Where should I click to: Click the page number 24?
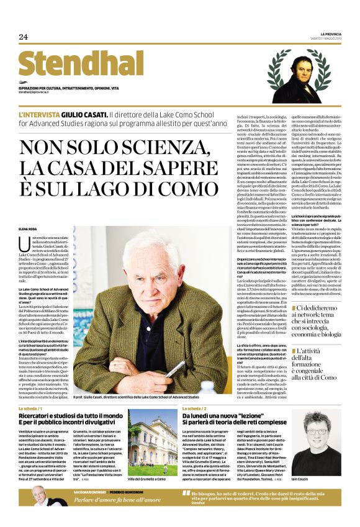(x=24, y=37)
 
